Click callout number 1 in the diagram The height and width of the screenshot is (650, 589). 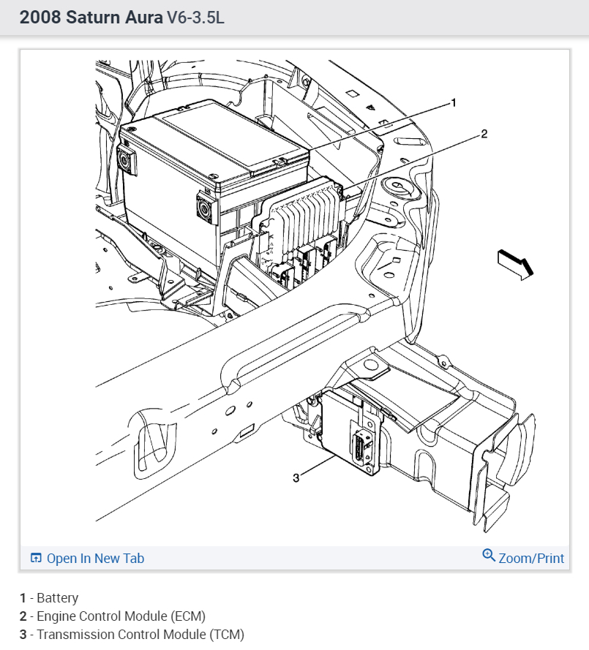(453, 103)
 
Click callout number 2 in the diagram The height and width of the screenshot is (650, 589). (484, 134)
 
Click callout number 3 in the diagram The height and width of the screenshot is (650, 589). (296, 477)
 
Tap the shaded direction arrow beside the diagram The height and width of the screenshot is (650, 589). (515, 263)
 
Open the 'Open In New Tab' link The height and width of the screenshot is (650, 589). (95, 559)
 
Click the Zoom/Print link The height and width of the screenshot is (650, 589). (531, 559)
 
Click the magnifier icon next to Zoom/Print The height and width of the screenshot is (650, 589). (489, 556)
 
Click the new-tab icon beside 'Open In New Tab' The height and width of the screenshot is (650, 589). (36, 559)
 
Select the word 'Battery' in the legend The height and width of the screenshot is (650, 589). (57, 598)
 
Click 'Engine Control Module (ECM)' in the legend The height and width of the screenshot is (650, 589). (121, 616)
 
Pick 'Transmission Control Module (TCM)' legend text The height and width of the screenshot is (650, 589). (140, 634)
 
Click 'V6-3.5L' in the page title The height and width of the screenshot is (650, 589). (195, 18)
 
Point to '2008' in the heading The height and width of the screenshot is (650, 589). (40, 18)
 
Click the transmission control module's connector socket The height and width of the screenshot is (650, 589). (361, 446)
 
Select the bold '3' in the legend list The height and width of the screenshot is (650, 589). (23, 634)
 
